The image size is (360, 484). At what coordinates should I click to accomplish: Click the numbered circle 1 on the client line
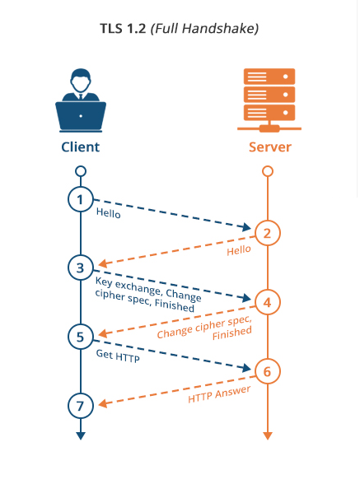pos(81,199)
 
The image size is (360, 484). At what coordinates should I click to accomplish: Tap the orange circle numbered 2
pos(268,233)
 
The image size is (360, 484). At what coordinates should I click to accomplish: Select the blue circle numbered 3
pos(81,268)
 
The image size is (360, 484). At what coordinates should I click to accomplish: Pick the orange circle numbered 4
pos(268,302)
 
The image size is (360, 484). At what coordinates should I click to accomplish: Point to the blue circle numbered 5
pos(81,337)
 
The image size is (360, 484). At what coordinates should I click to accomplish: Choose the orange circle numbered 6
pos(268,371)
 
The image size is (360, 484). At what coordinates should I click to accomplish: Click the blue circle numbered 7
pos(81,406)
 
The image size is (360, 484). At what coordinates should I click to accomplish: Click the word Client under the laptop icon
pos(81,147)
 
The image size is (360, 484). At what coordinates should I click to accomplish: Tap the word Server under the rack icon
pos(270,147)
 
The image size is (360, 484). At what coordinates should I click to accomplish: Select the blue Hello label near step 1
pos(108,213)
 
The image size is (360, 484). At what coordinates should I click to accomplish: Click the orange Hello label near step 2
pos(239,250)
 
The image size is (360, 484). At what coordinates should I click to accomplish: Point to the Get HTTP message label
pos(118,356)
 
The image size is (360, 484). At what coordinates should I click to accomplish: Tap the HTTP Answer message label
pos(219,394)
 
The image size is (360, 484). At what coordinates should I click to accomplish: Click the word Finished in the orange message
pos(232,333)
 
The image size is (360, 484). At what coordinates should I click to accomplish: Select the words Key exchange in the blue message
pos(128,286)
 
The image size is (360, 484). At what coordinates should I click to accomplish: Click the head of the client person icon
pos(81,81)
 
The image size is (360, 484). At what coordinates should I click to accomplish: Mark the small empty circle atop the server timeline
pos(268,171)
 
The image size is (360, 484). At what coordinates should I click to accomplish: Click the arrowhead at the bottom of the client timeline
pos(81,435)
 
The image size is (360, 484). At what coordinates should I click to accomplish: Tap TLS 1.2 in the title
pos(123,28)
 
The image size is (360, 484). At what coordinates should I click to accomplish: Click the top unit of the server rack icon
pos(269,77)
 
